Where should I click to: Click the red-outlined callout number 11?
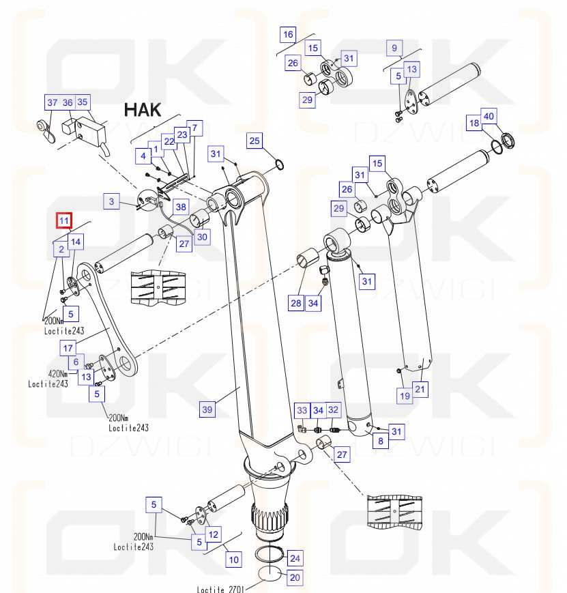[x=63, y=220]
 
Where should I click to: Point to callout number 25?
[x=255, y=141]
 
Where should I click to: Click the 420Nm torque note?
[x=57, y=373]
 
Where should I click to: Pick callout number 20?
[x=295, y=577]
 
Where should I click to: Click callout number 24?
[x=295, y=558]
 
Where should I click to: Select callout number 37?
[x=53, y=102]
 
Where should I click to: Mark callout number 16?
[x=288, y=34]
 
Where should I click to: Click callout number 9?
[x=394, y=48]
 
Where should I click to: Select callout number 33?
[x=302, y=409]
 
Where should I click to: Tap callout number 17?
[x=68, y=348]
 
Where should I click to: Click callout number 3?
[x=112, y=201]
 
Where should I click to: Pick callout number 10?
[x=234, y=560]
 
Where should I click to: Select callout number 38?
[x=180, y=207]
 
